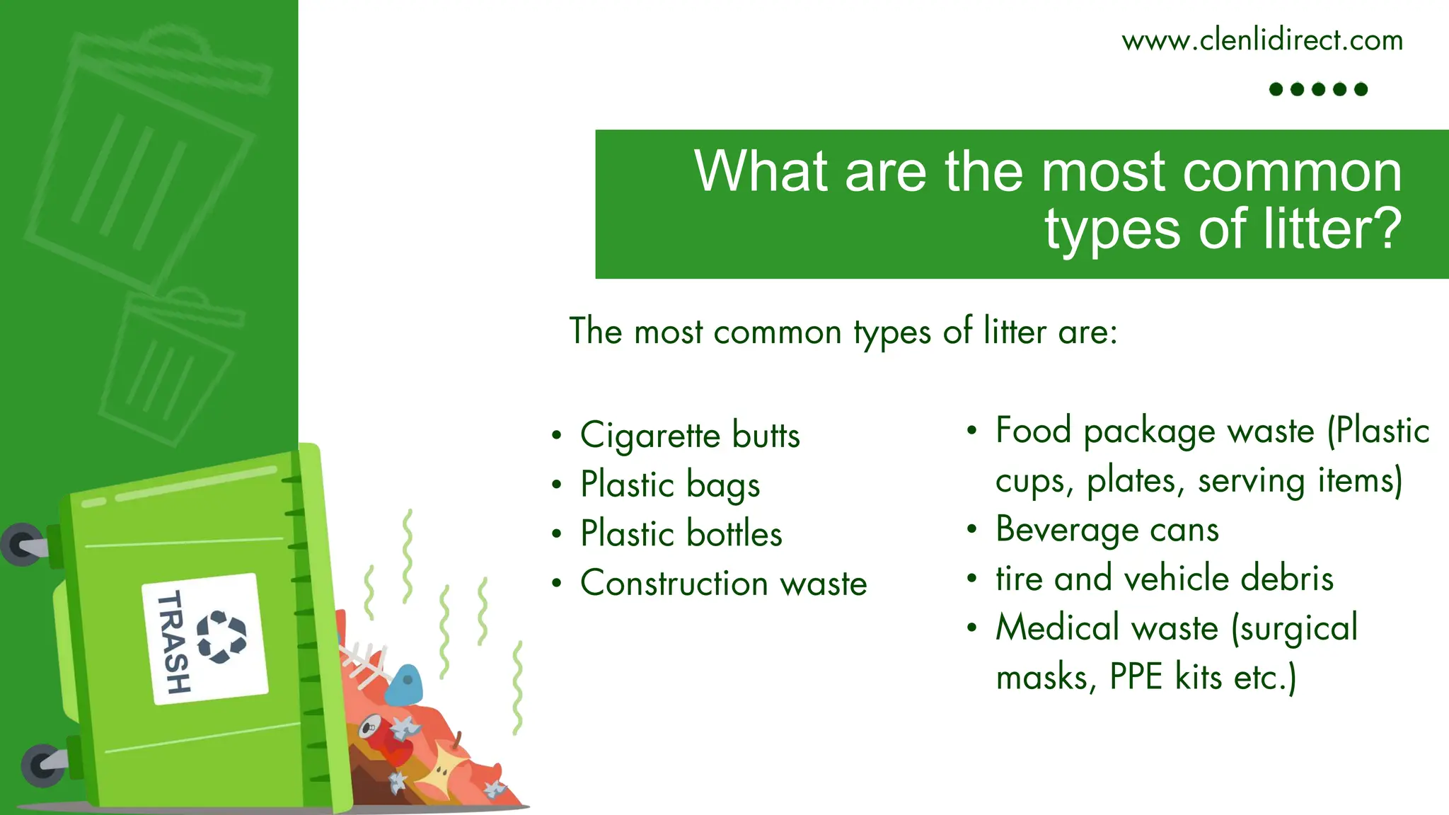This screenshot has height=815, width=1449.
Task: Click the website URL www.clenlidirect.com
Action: coord(1262,40)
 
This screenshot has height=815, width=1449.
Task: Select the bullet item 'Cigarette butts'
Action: coord(690,434)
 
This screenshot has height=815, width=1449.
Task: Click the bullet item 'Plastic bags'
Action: coord(670,485)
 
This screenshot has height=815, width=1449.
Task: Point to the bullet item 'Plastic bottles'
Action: coord(681,533)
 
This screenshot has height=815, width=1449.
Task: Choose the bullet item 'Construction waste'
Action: coord(723,583)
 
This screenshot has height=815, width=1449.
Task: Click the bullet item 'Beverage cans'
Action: coord(1107,529)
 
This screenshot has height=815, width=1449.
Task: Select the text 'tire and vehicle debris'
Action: coord(1165,578)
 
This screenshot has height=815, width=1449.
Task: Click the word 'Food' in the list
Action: coord(1033,430)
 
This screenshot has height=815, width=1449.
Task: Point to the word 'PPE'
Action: coord(1136,677)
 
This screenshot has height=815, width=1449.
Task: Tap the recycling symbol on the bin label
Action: coord(221,637)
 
